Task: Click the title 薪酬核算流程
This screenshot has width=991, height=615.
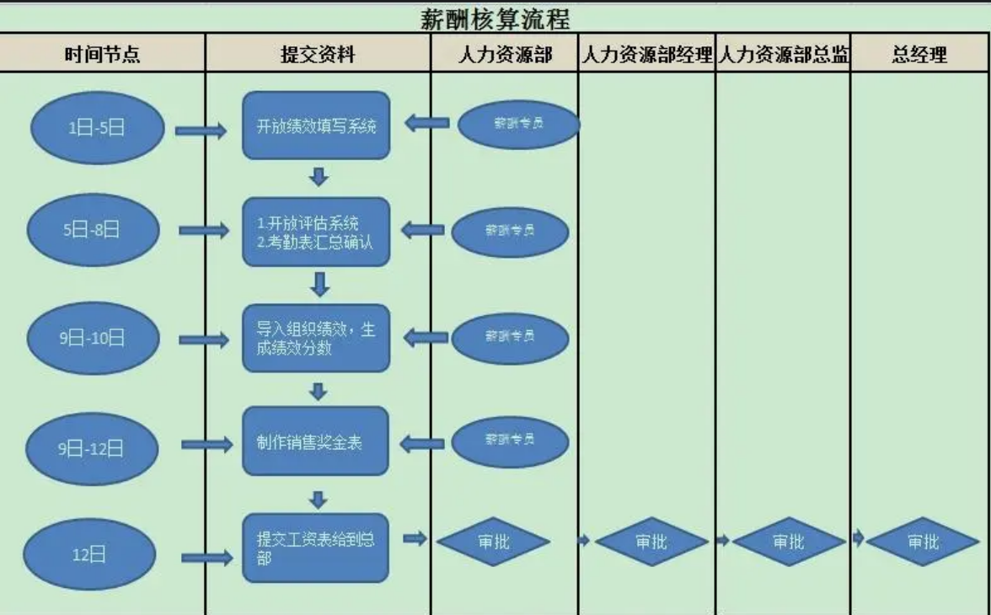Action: [x=495, y=17]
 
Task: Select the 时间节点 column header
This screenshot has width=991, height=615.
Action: [x=102, y=55]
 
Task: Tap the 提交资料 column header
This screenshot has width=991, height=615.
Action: [x=318, y=55]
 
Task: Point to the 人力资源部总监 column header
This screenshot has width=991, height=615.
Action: [x=783, y=55]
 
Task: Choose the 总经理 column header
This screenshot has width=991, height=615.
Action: [x=919, y=55]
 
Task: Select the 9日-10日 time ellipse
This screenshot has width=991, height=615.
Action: [x=92, y=338]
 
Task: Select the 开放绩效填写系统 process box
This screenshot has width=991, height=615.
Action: [x=316, y=126]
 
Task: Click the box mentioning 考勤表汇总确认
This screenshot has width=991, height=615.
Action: [x=316, y=232]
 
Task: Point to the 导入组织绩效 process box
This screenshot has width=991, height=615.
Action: [x=316, y=338]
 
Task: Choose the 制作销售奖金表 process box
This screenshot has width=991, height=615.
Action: [x=316, y=441]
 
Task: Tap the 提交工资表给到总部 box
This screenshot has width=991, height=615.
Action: [x=316, y=548]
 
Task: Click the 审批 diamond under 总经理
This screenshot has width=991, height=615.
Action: [x=923, y=542]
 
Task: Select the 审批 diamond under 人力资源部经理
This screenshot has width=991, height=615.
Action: [x=651, y=542]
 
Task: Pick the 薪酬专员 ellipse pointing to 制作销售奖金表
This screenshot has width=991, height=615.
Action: [x=510, y=440]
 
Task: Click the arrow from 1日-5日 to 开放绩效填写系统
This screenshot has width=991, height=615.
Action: [x=201, y=131]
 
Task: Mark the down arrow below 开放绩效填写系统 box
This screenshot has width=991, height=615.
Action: [x=319, y=177]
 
